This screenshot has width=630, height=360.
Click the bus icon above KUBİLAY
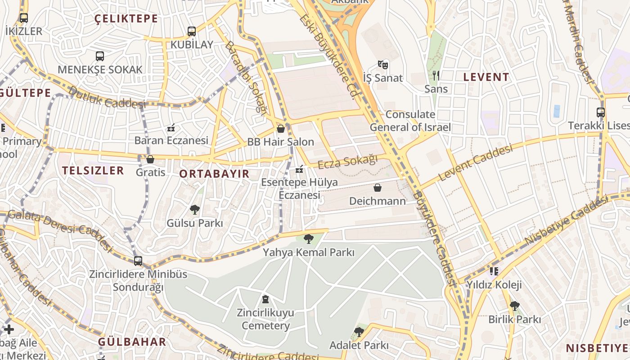coord(192,31)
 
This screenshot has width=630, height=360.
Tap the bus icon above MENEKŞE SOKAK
coord(100,56)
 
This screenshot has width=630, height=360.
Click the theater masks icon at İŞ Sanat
coord(383,65)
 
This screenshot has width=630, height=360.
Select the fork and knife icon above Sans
coord(436,76)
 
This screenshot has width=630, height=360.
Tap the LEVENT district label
coord(486,77)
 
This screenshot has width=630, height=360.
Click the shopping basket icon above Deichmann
coord(378,188)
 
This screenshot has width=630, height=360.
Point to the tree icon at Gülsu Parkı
coord(195,209)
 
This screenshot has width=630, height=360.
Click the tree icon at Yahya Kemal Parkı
coord(308,239)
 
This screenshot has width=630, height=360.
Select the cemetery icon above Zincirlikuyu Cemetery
coord(265,299)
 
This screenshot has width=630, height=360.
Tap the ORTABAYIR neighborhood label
coord(214,174)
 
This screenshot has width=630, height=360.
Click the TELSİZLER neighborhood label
coord(93,170)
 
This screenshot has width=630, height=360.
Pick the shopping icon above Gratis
coord(150,159)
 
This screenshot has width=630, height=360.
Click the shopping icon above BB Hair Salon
coord(281,129)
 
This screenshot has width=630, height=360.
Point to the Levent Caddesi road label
coord(476,163)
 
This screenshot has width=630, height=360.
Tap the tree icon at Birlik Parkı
coord(514,306)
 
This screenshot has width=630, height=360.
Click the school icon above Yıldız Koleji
coord(494,271)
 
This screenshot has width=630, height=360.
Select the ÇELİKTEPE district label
coord(126,19)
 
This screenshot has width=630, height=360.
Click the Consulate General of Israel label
coord(410,121)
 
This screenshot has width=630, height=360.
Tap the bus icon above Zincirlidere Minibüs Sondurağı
coord(138,261)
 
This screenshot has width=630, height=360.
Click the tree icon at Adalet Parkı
coord(359,332)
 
